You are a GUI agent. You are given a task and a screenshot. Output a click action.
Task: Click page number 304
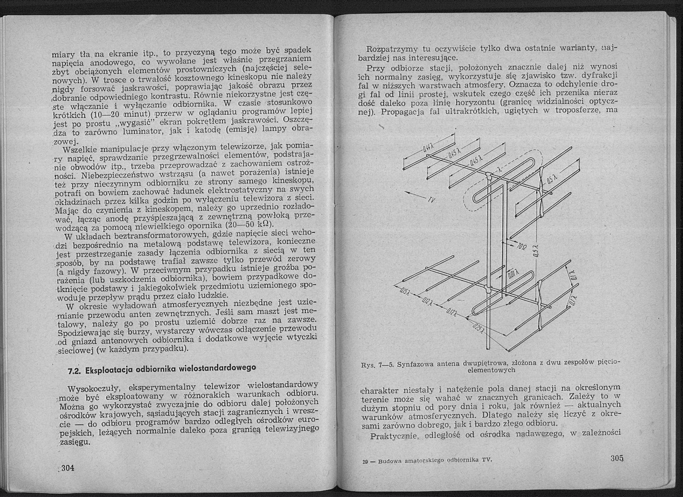point(68,468)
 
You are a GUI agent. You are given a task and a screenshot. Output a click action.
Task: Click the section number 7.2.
point(74,372)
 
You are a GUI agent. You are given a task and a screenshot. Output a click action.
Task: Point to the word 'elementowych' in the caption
point(491,370)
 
